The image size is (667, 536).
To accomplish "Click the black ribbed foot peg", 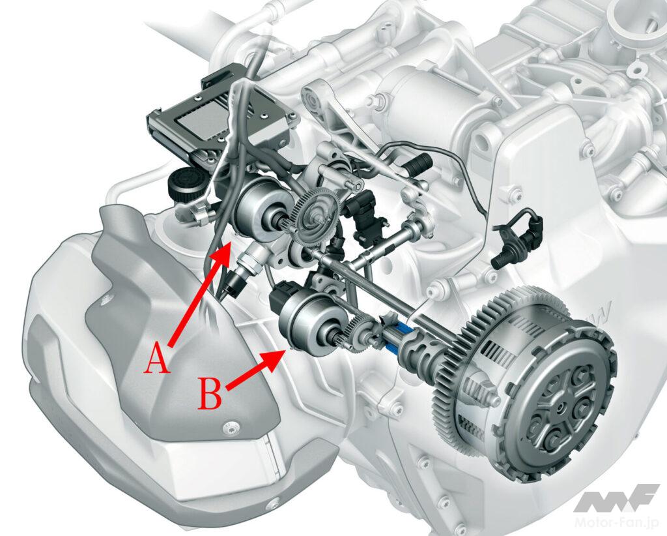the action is point(418,164).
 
